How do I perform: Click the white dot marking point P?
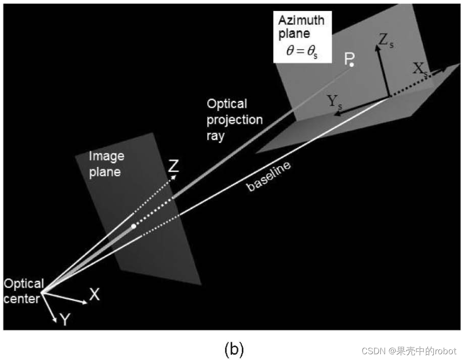click(352, 64)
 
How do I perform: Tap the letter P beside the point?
click(348, 58)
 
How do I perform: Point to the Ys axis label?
click(335, 101)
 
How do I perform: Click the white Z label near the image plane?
click(174, 167)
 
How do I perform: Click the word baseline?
click(269, 177)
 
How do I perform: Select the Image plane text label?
click(106, 163)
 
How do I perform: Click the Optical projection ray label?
click(235, 120)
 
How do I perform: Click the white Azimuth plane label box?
click(301, 38)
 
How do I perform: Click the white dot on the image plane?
click(134, 225)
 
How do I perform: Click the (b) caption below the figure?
click(234, 349)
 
